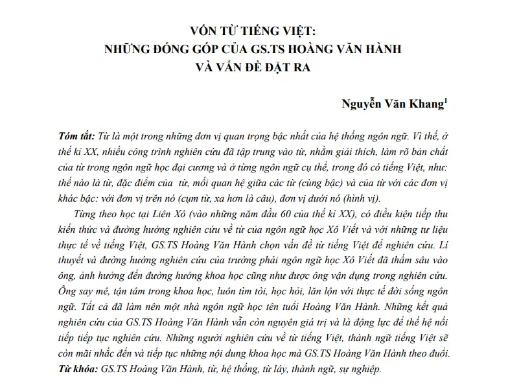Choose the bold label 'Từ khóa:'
(74, 369)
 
